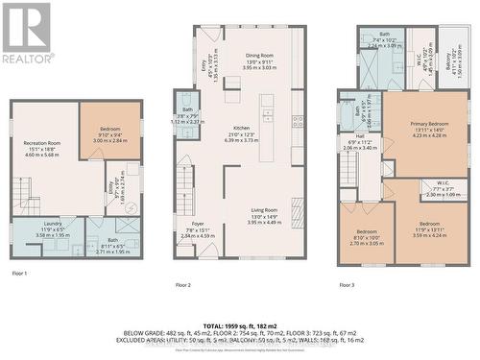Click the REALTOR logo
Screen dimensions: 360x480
click(x=26, y=33)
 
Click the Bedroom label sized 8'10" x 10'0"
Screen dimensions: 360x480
click(x=365, y=236)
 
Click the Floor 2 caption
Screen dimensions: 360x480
click(x=182, y=285)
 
